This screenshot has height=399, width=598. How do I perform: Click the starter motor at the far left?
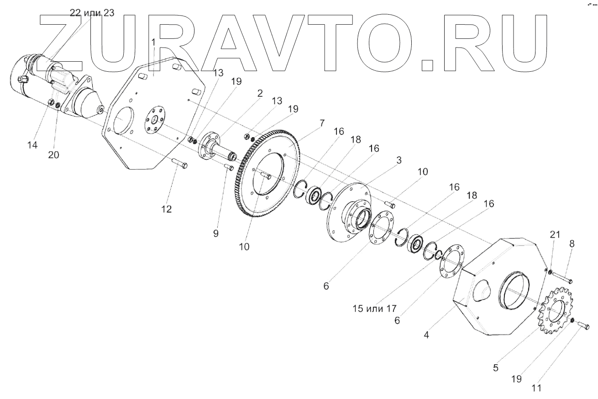click(50, 87)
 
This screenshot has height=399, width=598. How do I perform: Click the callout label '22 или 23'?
click(92, 13)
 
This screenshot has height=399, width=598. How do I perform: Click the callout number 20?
click(53, 155)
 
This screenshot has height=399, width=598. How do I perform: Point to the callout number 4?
click(426, 335)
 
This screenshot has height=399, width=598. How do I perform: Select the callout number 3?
click(399, 161)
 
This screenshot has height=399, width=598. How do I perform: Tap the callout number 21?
click(554, 234)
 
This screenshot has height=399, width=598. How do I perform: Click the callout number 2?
click(260, 93)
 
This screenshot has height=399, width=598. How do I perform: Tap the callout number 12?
click(166, 209)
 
